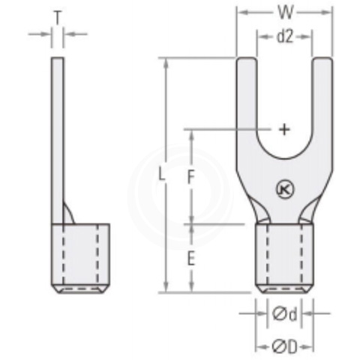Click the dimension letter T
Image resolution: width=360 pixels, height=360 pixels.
coord(58,15)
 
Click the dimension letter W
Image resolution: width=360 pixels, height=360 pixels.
coord(284,13)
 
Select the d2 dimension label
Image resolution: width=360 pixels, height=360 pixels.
coord(284,36)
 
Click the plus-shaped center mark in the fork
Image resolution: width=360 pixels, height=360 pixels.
coord(284,129)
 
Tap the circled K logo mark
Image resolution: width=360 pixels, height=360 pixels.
coord(283,190)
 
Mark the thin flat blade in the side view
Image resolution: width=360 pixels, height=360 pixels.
coord(57,135)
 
